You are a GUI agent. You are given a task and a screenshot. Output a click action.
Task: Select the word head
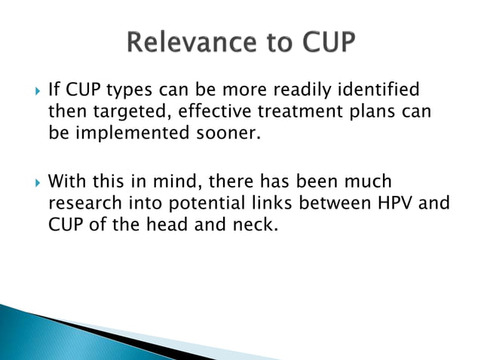(177, 226)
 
